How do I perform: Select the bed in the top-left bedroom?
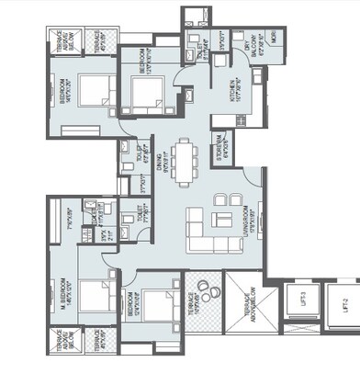tap(91, 93)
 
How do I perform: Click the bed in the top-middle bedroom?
tap(146, 93)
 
